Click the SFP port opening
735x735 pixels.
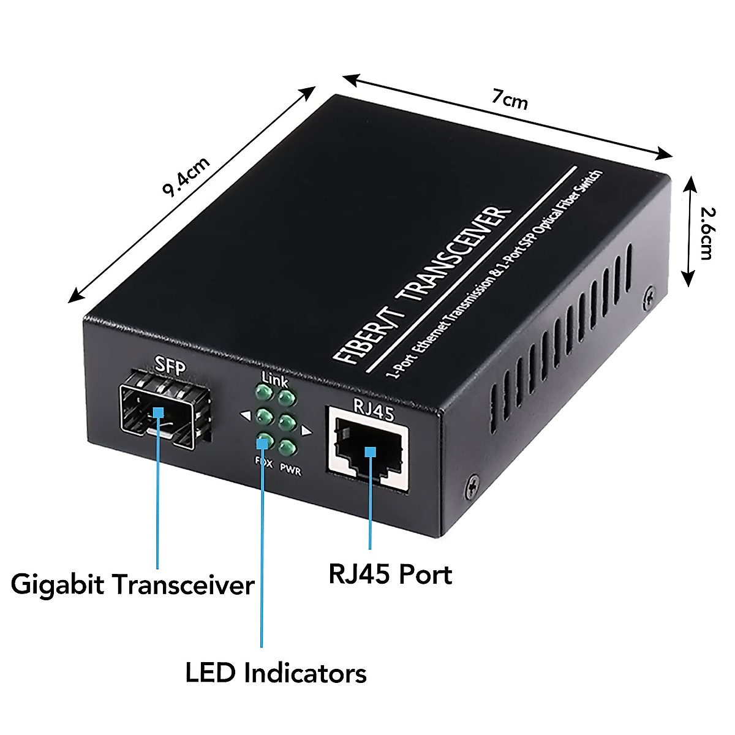click(165, 410)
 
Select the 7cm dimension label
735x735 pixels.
click(509, 100)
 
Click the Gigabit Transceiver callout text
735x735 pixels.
click(132, 584)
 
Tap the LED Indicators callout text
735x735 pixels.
click(276, 674)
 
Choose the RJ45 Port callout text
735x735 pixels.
click(390, 575)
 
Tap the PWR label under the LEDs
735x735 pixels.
click(290, 469)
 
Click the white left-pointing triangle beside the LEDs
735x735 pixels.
click(246, 417)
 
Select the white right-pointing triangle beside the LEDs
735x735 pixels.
click(307, 432)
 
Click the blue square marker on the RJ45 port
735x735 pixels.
click(369, 452)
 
